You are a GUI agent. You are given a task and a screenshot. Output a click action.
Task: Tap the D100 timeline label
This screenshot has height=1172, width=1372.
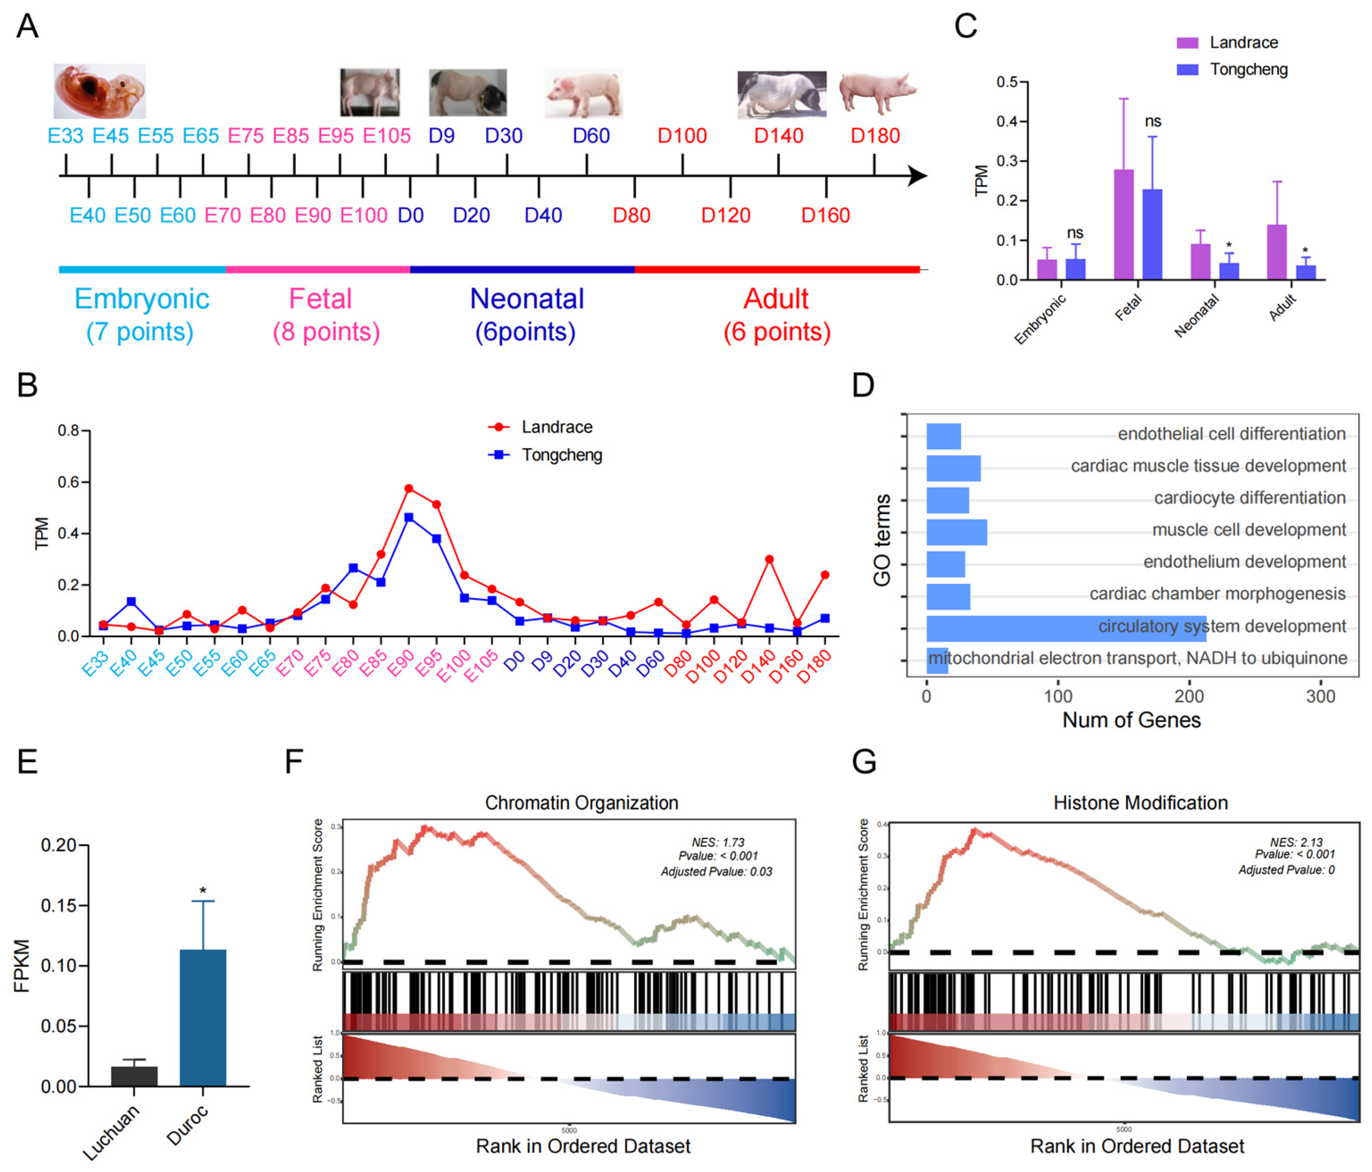pyautogui.click(x=681, y=136)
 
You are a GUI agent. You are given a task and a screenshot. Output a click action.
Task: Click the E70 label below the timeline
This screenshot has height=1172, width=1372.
pyautogui.click(x=223, y=215)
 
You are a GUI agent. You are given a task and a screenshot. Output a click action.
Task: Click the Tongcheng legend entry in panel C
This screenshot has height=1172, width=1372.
pyautogui.click(x=1248, y=70)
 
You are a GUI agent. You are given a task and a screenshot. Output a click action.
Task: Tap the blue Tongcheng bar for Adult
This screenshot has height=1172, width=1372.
pyautogui.click(x=1305, y=273)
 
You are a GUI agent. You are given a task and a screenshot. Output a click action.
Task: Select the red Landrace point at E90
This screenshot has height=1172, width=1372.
pyautogui.click(x=409, y=489)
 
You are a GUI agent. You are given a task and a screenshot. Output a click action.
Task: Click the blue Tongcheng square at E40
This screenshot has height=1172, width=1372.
pyautogui.click(x=131, y=601)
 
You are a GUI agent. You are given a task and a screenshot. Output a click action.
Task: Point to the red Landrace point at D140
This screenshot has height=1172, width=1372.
pyautogui.click(x=769, y=559)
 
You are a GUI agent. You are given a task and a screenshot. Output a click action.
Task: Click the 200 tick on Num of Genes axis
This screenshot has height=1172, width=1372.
pyautogui.click(x=1189, y=695)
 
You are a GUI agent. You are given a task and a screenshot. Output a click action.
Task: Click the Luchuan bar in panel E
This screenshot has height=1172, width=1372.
pyautogui.click(x=134, y=1075)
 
